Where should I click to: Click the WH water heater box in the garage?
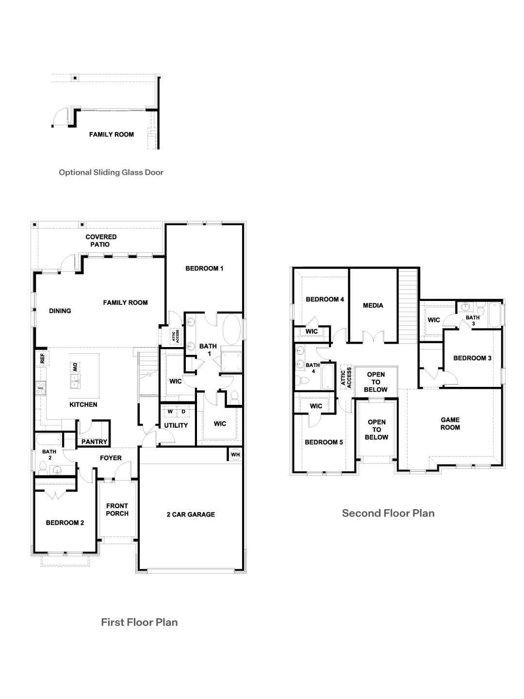pyautogui.click(x=235, y=454)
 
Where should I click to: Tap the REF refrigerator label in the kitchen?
pyautogui.click(x=42, y=359)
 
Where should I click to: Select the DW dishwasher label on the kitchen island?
pyautogui.click(x=75, y=367)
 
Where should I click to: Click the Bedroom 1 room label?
pyautogui.click(x=204, y=268)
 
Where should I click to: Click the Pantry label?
pyautogui.click(x=94, y=442)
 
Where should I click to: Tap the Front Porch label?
pyautogui.click(x=117, y=510)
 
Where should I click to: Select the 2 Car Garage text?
pyautogui.click(x=190, y=515)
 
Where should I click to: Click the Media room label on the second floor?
pyautogui.click(x=373, y=305)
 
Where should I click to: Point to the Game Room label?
pyautogui.click(x=450, y=424)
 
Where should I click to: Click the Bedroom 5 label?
pyautogui.click(x=324, y=442)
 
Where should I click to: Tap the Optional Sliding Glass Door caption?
pyautogui.click(x=111, y=172)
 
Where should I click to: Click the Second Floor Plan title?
pyautogui.click(x=388, y=513)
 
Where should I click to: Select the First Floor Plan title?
pyautogui.click(x=139, y=622)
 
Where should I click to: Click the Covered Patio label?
pyautogui.click(x=101, y=241)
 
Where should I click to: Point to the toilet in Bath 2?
pyautogui.click(x=43, y=467)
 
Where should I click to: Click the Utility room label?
pyautogui.click(x=176, y=426)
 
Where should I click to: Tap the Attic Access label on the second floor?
pyautogui.click(x=346, y=376)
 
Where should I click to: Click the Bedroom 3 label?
pyautogui.click(x=472, y=358)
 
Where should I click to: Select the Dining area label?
pyautogui.click(x=60, y=311)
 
